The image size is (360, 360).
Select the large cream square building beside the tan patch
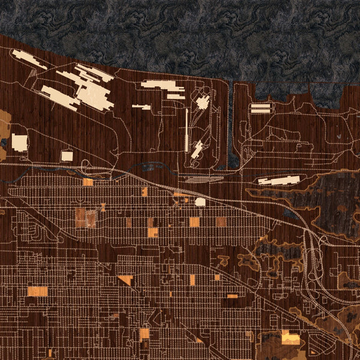tap(20, 143)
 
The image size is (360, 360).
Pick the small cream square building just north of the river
tap(67, 156)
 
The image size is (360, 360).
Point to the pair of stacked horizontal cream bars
tap(260, 108)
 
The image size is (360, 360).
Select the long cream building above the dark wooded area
tap(279, 179)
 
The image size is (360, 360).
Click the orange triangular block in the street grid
tap(126, 280)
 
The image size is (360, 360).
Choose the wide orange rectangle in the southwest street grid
tap(38, 292)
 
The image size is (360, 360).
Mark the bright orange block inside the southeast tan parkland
tap(290, 338)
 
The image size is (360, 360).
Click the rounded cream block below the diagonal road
tap(200, 202)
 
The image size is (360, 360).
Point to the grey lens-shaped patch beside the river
tap(198, 179)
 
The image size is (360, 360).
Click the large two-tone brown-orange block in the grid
tap(85, 218)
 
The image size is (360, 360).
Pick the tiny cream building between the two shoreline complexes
tap(142, 107)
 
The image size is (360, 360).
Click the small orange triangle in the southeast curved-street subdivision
tap(312, 352)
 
